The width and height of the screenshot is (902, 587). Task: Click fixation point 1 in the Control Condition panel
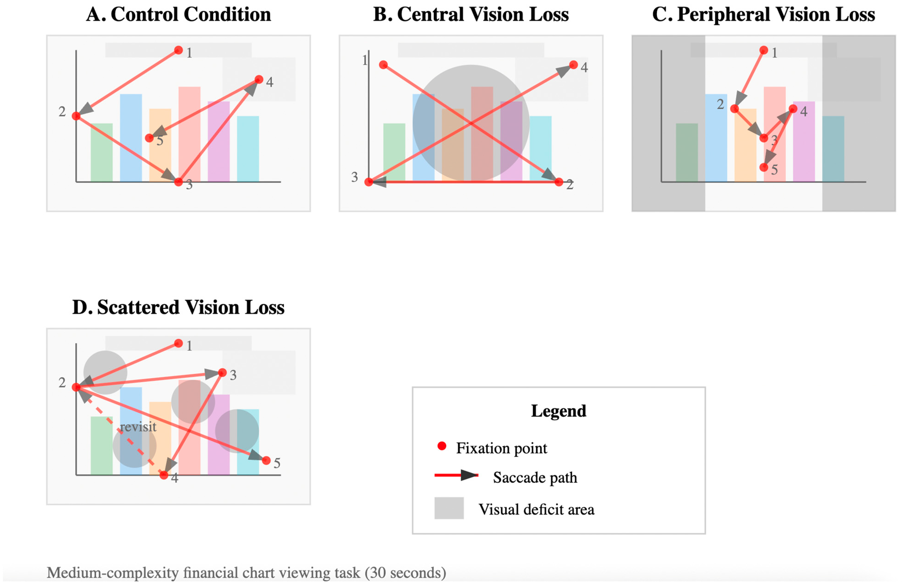click(x=179, y=50)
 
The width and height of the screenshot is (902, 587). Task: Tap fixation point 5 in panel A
click(x=149, y=138)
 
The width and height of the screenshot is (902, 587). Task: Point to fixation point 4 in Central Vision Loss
click(x=573, y=65)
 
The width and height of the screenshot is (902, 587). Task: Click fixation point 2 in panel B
click(x=559, y=182)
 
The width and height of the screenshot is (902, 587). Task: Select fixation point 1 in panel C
click(x=764, y=50)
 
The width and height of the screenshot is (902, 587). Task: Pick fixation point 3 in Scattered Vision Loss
click(x=222, y=373)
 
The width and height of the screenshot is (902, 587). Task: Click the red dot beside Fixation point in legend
click(x=442, y=446)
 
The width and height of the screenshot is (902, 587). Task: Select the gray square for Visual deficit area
click(x=449, y=508)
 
